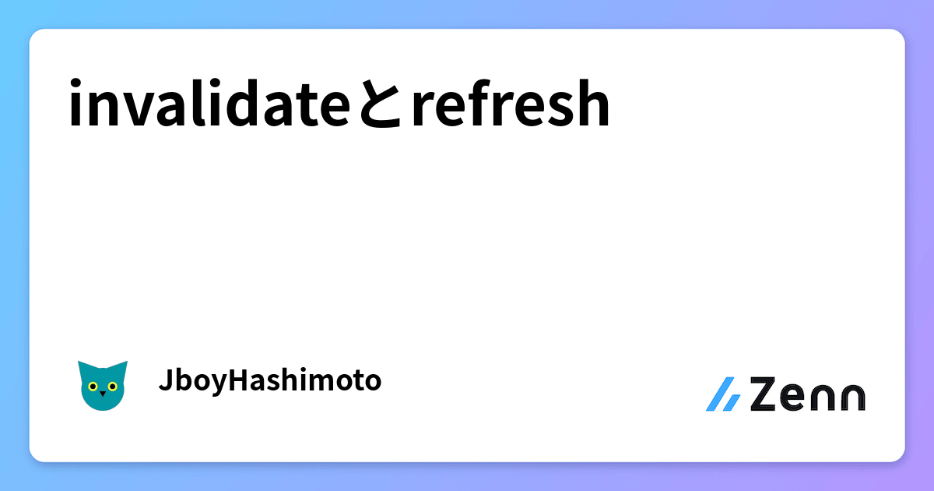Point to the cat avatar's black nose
coord(103,394)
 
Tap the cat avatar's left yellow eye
coord(93,386)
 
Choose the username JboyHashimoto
coord(270,381)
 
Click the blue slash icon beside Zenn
coord(723,394)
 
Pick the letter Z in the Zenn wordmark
coord(765,394)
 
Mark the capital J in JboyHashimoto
coord(163,381)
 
